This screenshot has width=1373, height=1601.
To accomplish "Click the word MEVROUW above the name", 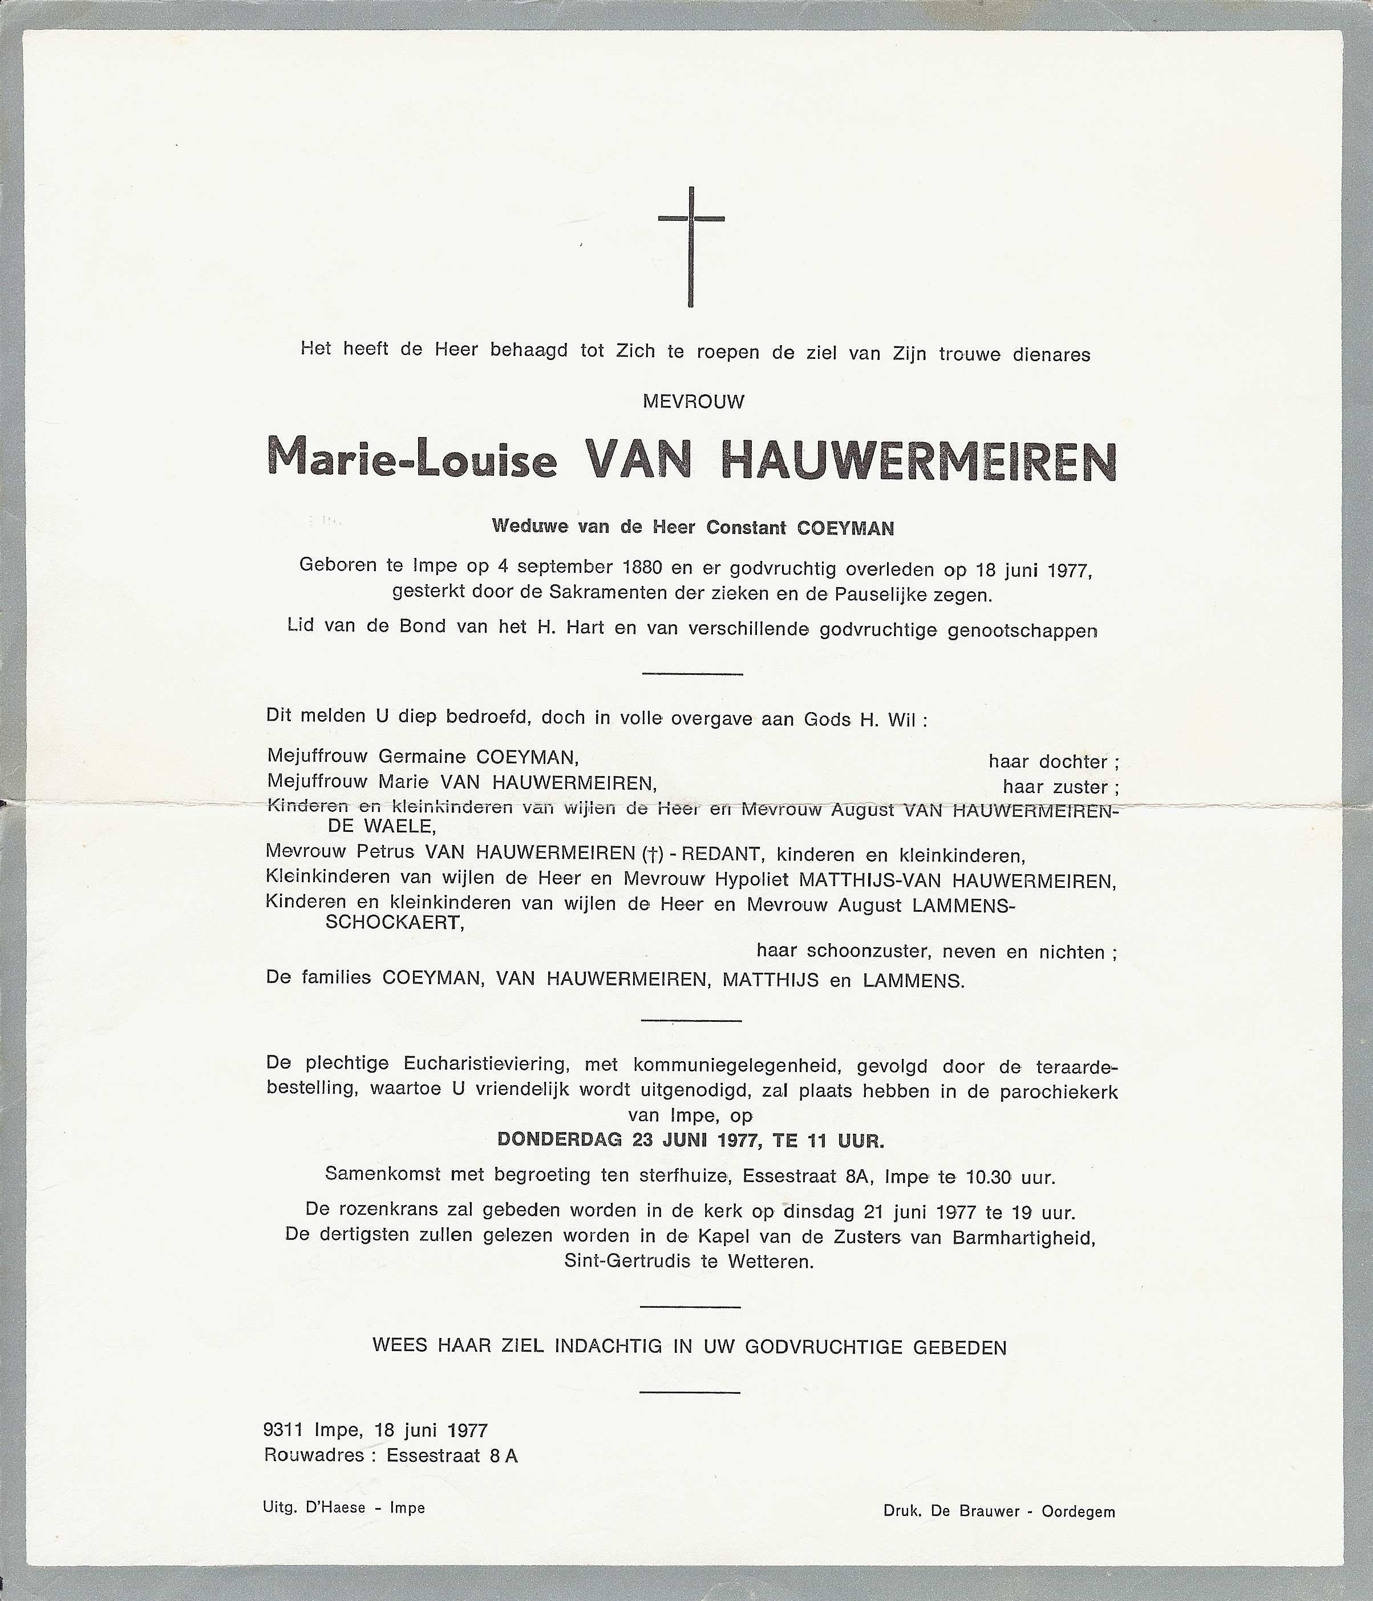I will [x=693, y=402].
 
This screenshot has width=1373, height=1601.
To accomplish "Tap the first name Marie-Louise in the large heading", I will [x=411, y=460].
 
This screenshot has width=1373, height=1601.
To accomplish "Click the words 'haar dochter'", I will [x=1052, y=762].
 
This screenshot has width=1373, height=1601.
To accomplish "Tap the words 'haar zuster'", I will [x=1059, y=787].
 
